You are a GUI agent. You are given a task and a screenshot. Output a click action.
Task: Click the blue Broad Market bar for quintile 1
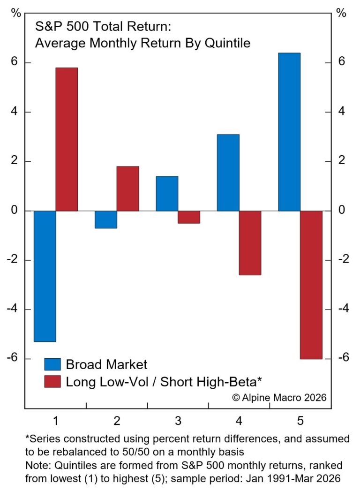pos(45,276)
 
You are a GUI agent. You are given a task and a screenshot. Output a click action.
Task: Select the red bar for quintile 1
pos(67,139)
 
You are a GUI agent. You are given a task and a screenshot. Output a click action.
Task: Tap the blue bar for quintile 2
pos(106,219)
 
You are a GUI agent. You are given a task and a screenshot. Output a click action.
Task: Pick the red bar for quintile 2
pos(127,189)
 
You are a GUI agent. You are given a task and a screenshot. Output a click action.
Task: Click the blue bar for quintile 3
pos(167,194)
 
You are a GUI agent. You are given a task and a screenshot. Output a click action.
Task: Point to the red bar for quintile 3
pos(189,217)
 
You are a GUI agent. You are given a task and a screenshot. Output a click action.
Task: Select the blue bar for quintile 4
pos(228,173)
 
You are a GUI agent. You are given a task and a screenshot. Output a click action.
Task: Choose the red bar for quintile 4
pos(250,243)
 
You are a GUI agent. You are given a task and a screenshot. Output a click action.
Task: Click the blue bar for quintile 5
pos(289,132)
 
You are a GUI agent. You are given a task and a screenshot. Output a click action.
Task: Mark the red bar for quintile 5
pos(311,285)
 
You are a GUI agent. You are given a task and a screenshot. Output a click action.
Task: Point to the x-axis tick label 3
pos(178,421)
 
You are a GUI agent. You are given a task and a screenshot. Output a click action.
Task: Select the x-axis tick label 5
pos(300,421)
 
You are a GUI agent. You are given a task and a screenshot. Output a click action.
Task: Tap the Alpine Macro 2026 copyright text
pos(279,398)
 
